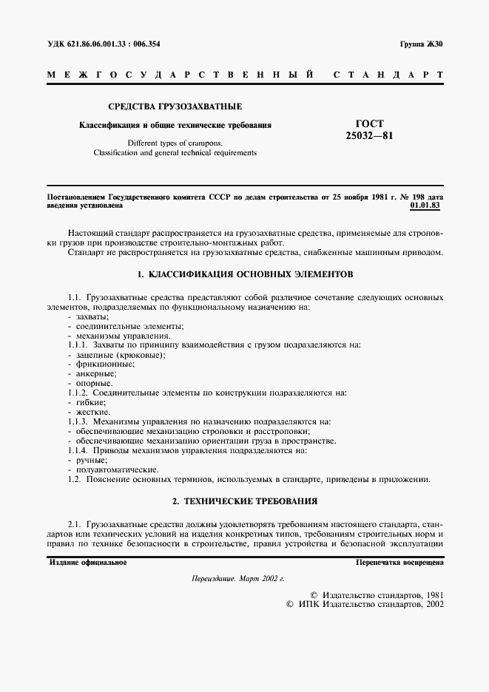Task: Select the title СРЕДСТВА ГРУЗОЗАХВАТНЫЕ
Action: [175, 106]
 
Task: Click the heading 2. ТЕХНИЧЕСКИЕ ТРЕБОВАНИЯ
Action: [245, 501]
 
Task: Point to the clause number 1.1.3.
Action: [78, 421]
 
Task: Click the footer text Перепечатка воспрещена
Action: [399, 562]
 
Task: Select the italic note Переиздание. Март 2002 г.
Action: [237, 579]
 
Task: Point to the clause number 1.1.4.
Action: [78, 450]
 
